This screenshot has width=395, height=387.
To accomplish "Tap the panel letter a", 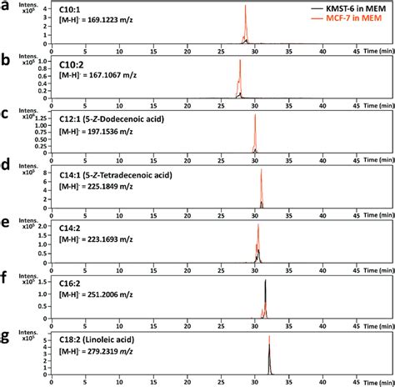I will (6, 6).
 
